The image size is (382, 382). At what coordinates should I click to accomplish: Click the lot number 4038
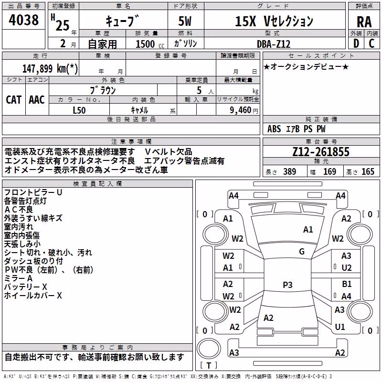pos(23,20)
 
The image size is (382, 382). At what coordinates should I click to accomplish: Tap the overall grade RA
pos(364,22)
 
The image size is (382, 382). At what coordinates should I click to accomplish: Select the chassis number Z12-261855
pos(321,152)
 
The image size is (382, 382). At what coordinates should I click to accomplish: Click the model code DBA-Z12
pos(274,44)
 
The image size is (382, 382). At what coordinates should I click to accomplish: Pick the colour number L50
pos(79,110)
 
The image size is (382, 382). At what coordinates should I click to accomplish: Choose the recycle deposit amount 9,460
pos(241,110)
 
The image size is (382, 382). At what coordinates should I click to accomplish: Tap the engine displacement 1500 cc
pos(150,44)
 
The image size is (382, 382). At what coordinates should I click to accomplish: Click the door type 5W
pos(185,21)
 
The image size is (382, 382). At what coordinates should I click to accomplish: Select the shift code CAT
pos(14,100)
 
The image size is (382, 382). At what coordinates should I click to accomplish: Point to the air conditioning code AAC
pos(37,100)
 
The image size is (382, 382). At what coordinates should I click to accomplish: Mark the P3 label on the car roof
pos(287,285)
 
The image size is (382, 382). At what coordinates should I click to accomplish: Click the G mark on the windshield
pos(302,252)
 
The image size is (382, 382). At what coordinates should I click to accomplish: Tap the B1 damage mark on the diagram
pos(347,284)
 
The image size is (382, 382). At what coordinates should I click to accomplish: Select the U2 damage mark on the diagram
pos(347,268)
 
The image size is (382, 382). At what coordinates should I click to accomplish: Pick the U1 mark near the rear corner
pos(340,327)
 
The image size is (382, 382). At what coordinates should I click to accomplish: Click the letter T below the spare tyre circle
pos(209,365)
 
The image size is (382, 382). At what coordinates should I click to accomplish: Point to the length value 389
pos(290,172)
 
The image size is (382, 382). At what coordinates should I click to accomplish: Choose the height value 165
pos(368,172)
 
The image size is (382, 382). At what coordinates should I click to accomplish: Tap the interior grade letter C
pos(371,43)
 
